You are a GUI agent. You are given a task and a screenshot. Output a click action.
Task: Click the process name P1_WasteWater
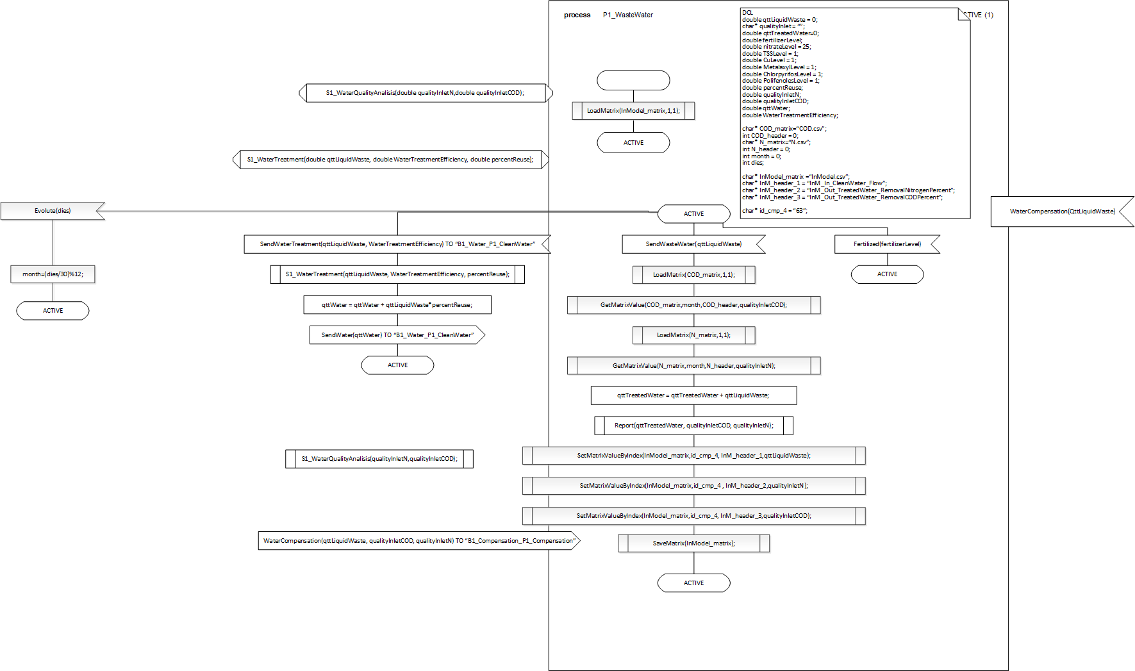(x=627, y=15)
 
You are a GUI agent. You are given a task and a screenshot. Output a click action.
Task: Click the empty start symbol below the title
(x=633, y=80)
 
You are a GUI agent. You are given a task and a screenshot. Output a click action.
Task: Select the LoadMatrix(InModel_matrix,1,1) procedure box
(x=633, y=111)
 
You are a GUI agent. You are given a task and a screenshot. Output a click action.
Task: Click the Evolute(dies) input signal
(x=53, y=211)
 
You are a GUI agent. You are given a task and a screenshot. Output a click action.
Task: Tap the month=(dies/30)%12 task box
(x=53, y=274)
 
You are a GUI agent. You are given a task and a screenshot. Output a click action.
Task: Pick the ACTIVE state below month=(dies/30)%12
(x=53, y=311)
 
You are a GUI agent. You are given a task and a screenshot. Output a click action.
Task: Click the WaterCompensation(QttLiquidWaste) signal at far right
(x=1062, y=211)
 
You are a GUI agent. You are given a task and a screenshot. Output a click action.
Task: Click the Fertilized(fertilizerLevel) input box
(x=887, y=244)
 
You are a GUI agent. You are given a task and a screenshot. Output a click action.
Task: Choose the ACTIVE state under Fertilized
(x=887, y=274)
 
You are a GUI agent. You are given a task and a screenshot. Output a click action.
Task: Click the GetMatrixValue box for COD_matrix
(x=693, y=305)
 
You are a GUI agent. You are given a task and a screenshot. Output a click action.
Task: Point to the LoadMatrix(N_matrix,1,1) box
(x=693, y=335)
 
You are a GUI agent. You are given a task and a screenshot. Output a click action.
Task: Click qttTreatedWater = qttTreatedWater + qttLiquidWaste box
(x=693, y=395)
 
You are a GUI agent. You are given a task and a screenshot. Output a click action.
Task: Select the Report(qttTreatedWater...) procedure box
(x=693, y=426)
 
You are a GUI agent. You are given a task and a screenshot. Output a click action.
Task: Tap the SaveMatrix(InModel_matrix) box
(x=693, y=543)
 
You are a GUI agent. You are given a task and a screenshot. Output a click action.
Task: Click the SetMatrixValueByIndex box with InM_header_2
(x=693, y=486)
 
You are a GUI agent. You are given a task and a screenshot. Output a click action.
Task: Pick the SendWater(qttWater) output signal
(x=397, y=335)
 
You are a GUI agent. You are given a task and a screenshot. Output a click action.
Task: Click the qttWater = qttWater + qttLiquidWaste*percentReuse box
(x=397, y=305)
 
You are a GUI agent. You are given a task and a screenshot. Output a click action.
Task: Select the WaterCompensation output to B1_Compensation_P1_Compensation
(x=419, y=541)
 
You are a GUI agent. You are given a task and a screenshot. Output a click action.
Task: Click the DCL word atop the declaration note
(x=747, y=13)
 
